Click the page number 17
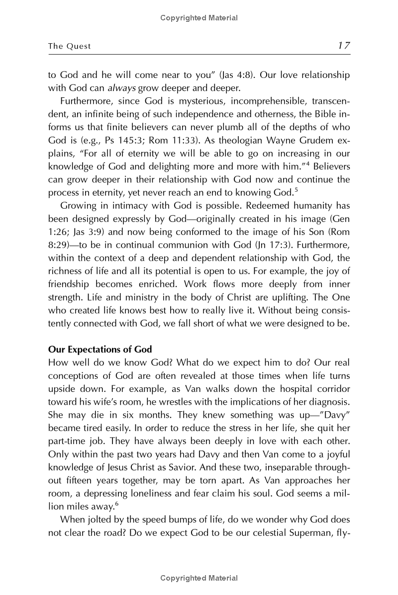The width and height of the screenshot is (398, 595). click(x=344, y=46)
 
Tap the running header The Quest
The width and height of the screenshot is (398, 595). click(x=69, y=46)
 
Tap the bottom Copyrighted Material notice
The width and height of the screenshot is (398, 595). click(x=199, y=578)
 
